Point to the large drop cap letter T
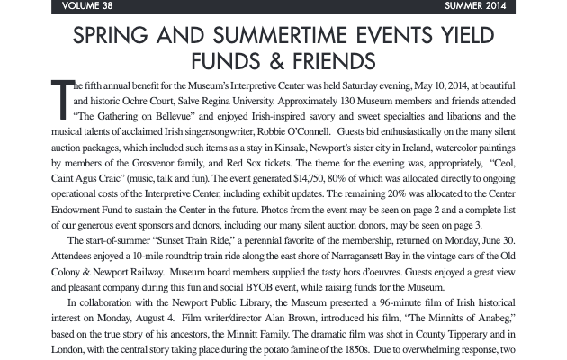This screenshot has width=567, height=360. click(x=60, y=100)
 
